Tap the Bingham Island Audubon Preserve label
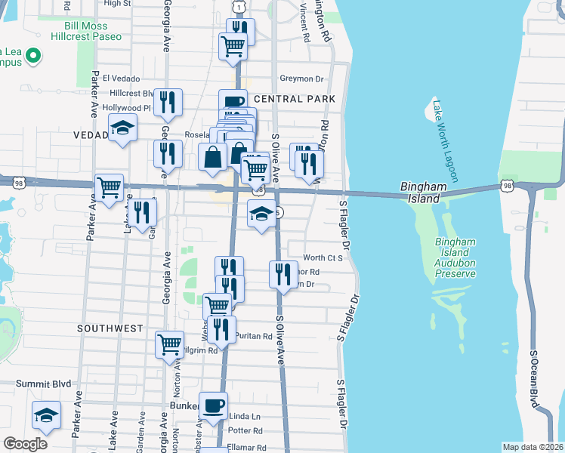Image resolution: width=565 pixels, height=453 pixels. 455,257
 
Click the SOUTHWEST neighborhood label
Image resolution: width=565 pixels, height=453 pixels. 110,328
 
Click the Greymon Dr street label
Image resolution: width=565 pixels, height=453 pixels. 301,79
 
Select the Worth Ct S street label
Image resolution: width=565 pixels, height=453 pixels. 323,257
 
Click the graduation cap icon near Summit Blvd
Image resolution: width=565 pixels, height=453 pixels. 46,415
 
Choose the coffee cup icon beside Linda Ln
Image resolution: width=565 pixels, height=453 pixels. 213,405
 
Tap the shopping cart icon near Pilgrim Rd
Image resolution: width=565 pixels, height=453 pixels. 169,344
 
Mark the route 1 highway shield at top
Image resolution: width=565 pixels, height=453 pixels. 239,7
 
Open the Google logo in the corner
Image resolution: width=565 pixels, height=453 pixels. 25,444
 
